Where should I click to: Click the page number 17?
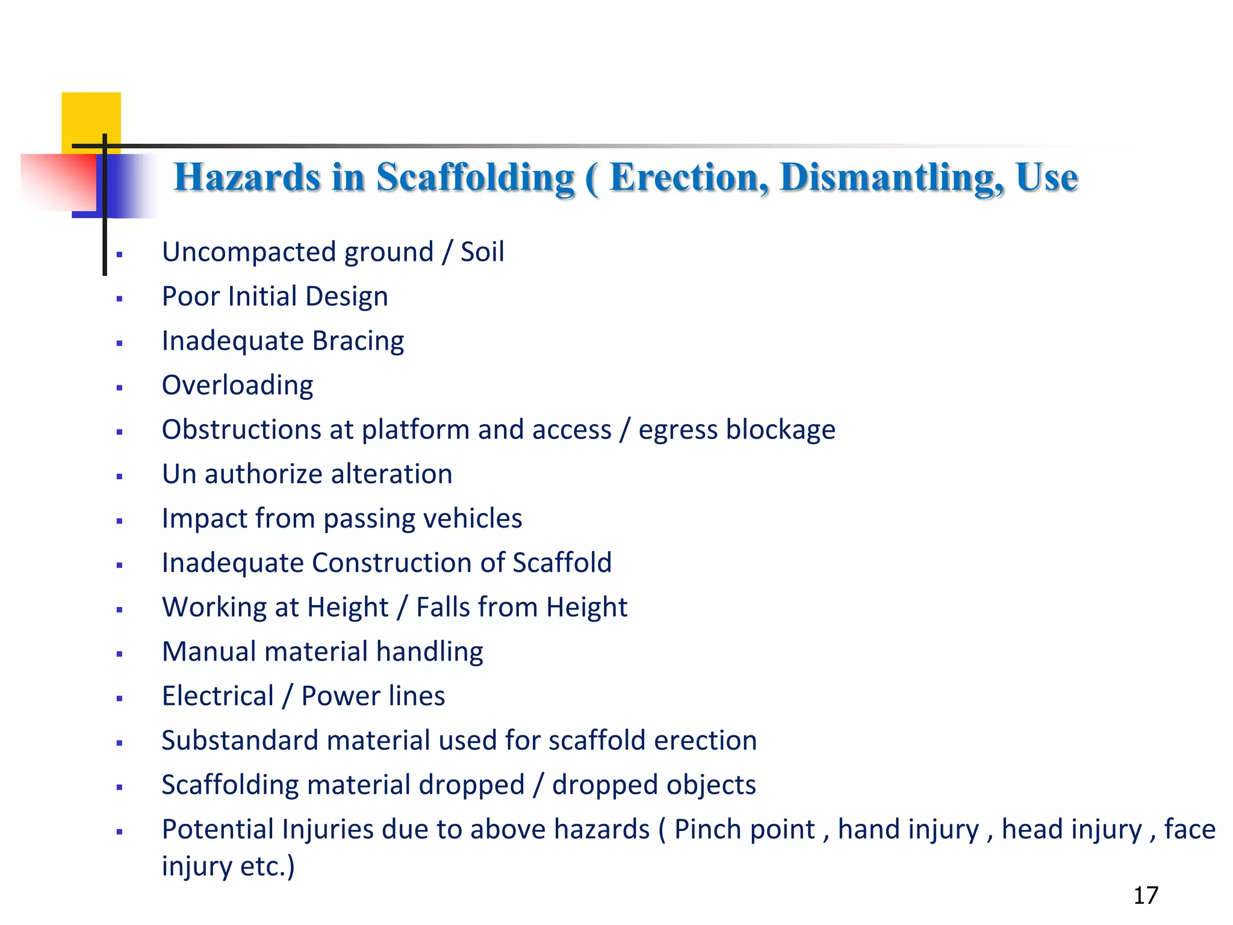pos(1146,895)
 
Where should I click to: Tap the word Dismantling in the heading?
pos(892,178)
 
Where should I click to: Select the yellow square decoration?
pos(91,118)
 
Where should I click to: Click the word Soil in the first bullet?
pos(482,252)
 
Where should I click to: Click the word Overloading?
pos(238,385)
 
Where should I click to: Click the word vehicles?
pos(470,519)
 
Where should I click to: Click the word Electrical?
pos(218,696)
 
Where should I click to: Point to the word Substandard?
pos(240,741)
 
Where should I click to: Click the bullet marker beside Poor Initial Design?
pos(120,299)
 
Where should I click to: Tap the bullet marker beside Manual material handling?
pos(120,654)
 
